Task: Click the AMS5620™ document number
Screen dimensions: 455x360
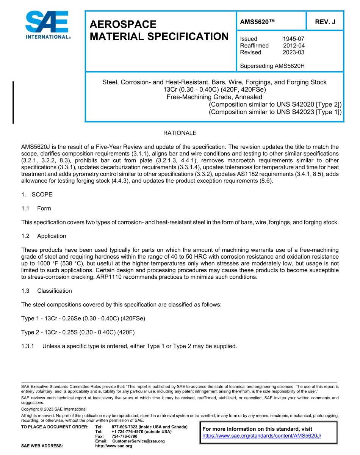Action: pos(257,22)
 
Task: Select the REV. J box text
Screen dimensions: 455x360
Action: pos(325,22)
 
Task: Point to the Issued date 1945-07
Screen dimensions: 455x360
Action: pos(293,39)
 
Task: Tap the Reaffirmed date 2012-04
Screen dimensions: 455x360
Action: pos(293,45)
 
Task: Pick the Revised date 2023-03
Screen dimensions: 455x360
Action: pos(293,52)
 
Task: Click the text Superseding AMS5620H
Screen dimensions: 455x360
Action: pos(272,66)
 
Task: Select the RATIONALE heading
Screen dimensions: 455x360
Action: pos(180,133)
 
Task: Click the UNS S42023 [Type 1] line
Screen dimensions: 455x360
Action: pos(275,112)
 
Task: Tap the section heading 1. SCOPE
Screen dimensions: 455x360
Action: pos(37,195)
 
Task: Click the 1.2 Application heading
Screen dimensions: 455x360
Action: pos(44,236)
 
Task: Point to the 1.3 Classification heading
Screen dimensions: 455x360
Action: pos(47,291)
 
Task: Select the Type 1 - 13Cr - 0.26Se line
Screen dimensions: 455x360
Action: pos(83,318)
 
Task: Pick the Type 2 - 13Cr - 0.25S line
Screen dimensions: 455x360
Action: pos(78,332)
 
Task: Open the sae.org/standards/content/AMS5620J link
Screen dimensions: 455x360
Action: pos(261,436)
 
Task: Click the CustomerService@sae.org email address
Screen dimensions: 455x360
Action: pos(138,441)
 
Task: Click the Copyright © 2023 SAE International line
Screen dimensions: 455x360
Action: pos(54,409)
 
